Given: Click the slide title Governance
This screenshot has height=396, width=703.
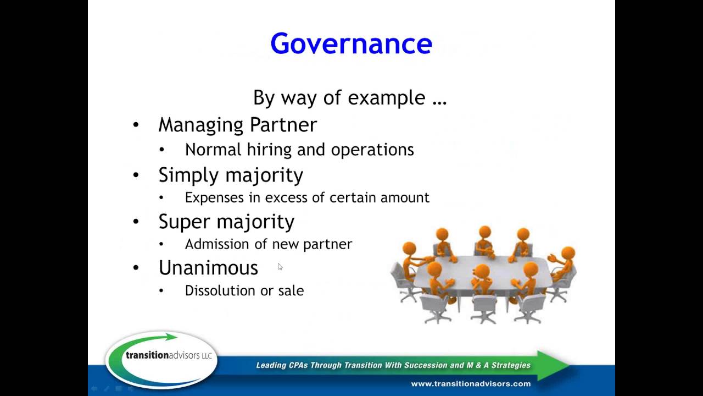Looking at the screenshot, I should pos(351,43).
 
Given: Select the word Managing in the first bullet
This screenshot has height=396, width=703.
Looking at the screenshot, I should pos(202,125).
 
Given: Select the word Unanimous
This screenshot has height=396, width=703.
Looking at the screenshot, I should pos(208,268).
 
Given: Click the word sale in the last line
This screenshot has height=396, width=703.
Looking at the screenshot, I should pos(291,290).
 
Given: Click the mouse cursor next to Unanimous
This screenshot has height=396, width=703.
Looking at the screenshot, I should pos(280,267).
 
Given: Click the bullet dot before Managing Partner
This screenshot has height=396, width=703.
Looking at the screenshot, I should pos(136,125).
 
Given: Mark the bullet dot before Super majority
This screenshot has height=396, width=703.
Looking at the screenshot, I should pos(136,222).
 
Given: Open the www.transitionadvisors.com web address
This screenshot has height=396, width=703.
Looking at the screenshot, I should pos(471,383).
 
